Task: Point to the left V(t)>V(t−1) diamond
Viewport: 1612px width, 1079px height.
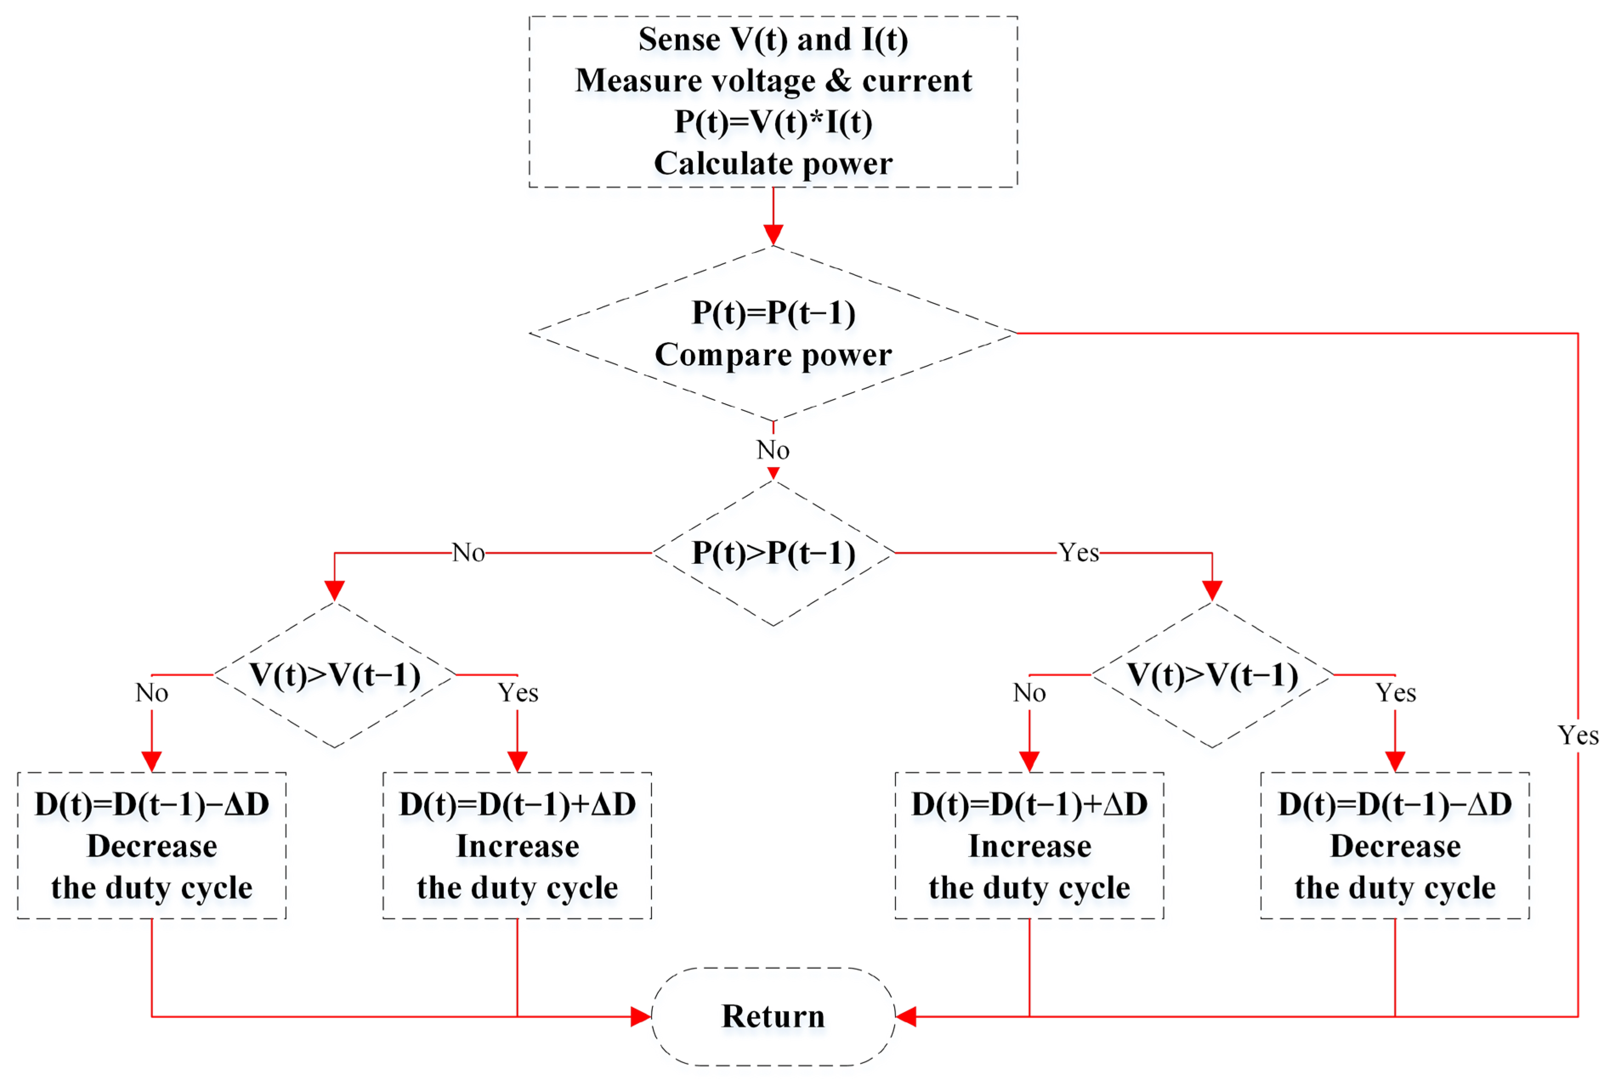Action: pyautogui.click(x=334, y=675)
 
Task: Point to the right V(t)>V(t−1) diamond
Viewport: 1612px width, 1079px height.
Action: pyautogui.click(x=1212, y=675)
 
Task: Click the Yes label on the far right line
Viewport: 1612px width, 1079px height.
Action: pyautogui.click(x=1578, y=735)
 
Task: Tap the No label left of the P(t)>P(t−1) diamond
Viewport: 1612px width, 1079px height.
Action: pyautogui.click(x=468, y=552)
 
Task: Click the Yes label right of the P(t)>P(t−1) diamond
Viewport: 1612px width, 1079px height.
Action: pyautogui.click(x=1078, y=552)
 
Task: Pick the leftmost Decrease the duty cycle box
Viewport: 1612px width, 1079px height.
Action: pyautogui.click(x=151, y=846)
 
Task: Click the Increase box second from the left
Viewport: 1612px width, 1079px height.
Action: pyautogui.click(x=517, y=846)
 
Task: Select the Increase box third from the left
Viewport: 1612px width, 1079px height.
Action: pyautogui.click(x=1029, y=846)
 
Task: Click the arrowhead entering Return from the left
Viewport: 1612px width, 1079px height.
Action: pyautogui.click(x=640, y=1017)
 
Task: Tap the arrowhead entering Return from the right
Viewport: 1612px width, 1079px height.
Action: pyautogui.click(x=906, y=1017)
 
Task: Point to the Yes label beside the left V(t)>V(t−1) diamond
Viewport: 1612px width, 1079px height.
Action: pyautogui.click(x=517, y=692)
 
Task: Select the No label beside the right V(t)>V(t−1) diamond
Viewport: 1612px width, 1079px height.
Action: pyautogui.click(x=1029, y=692)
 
